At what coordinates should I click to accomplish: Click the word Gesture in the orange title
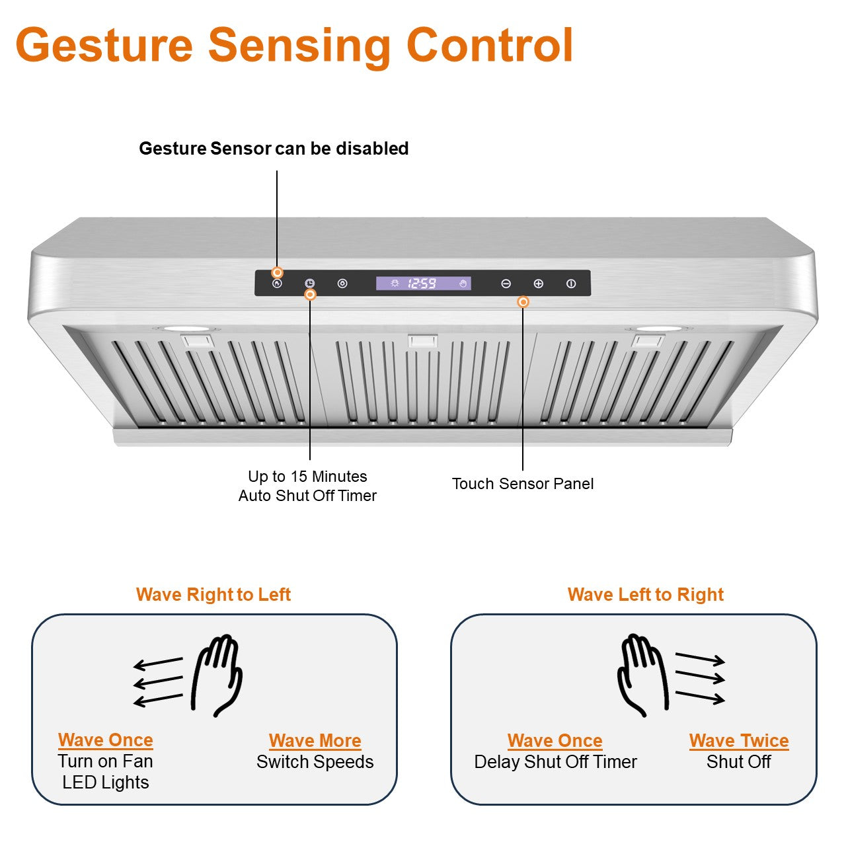point(104,45)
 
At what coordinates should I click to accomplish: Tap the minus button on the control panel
point(506,284)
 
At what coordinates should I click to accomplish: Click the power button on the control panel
point(571,284)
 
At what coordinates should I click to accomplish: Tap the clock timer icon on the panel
point(309,284)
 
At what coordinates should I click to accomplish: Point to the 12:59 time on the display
point(422,284)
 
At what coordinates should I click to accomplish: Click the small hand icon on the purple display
point(463,284)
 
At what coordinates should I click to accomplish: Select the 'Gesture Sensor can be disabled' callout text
point(274,149)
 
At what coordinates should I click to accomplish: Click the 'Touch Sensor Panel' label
point(522,484)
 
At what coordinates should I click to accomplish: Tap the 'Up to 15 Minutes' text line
point(307,477)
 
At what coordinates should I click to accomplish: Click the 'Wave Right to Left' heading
point(213,595)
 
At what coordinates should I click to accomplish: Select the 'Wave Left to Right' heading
point(645,595)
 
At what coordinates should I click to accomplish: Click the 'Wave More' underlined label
point(315,741)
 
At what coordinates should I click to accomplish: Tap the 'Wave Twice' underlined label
point(739,741)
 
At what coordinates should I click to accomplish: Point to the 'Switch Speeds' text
point(315,762)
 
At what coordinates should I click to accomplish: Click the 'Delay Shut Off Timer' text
point(555,762)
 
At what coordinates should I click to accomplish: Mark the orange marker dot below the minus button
point(523,302)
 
